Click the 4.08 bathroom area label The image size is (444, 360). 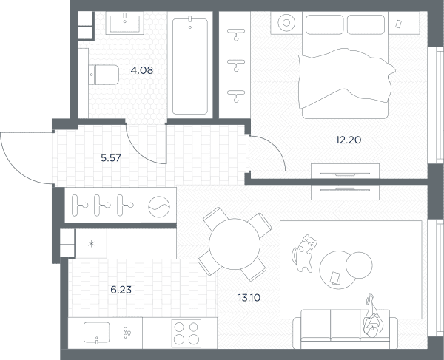(142, 70)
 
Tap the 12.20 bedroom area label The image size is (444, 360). (349, 140)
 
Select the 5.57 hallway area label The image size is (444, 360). (111, 157)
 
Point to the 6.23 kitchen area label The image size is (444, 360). (121, 290)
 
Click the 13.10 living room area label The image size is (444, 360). (249, 298)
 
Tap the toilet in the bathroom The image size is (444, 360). (104, 75)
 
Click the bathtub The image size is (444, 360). (190, 67)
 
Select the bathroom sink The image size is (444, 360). (124, 24)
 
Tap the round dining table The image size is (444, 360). (235, 244)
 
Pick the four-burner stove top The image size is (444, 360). (186, 333)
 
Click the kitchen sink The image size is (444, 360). (96, 332)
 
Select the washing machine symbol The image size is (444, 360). (159, 207)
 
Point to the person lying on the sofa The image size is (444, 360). (372, 316)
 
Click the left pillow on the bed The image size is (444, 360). (325, 24)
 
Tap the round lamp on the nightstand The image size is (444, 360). (286, 23)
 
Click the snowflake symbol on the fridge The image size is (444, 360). (91, 243)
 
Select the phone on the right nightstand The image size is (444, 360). (398, 24)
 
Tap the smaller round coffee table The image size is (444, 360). (359, 265)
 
